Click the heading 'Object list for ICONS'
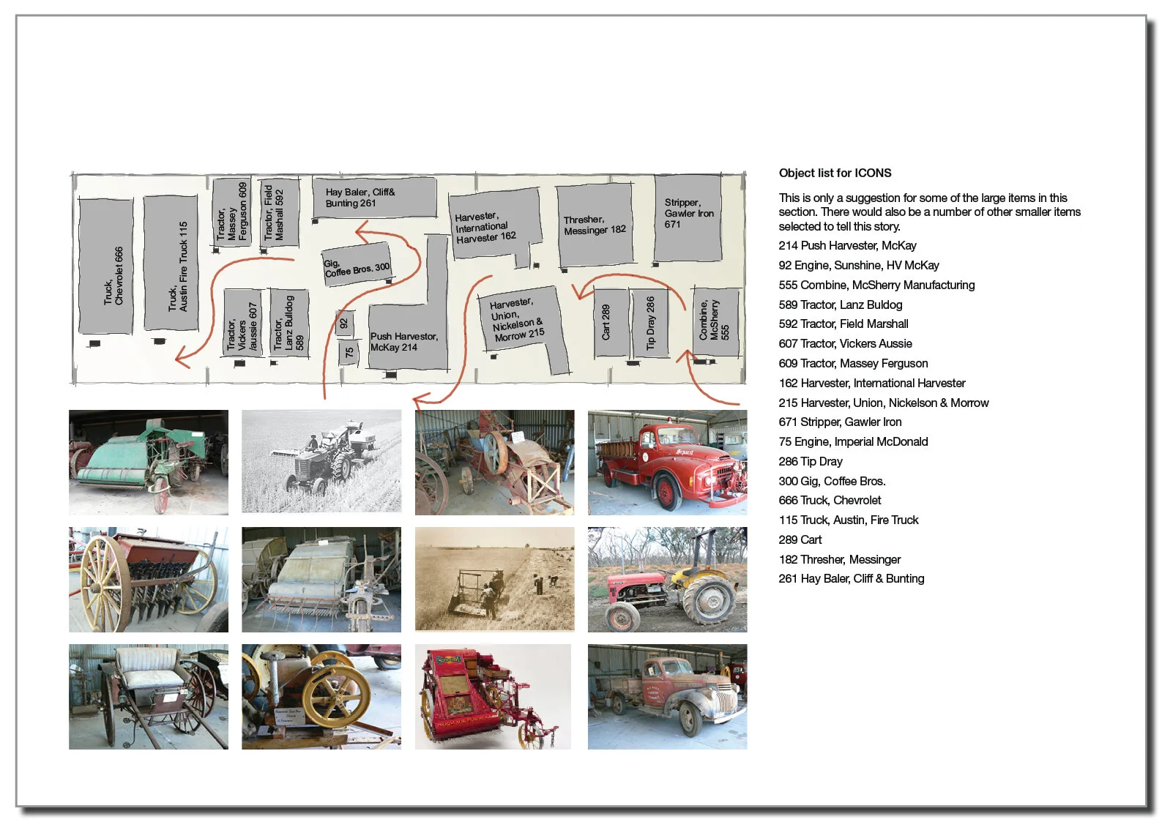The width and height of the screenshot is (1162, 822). point(835,173)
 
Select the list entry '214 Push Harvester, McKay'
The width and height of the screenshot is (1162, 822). point(847,246)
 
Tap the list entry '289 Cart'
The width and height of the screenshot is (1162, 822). point(800,540)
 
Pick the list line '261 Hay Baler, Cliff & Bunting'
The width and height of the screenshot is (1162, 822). point(851,579)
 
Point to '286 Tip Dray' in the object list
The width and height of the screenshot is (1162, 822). point(810,462)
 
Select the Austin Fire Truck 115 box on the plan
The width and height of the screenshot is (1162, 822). point(171,264)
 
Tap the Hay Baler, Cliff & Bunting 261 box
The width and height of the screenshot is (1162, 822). point(374,197)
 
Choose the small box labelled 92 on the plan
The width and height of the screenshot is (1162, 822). point(344,324)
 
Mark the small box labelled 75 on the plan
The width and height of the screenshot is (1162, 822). point(349,352)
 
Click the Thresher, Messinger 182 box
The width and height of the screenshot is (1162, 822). point(595,225)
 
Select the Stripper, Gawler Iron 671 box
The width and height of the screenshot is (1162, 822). point(688,217)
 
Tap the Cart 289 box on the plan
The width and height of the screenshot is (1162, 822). point(610,323)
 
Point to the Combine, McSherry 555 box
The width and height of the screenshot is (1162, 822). point(715,322)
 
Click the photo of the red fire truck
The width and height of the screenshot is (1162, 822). point(667,463)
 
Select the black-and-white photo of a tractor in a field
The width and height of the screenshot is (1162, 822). point(321,461)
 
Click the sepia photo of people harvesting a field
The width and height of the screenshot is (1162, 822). point(494,579)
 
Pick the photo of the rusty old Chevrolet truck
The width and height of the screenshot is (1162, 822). point(667,696)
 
